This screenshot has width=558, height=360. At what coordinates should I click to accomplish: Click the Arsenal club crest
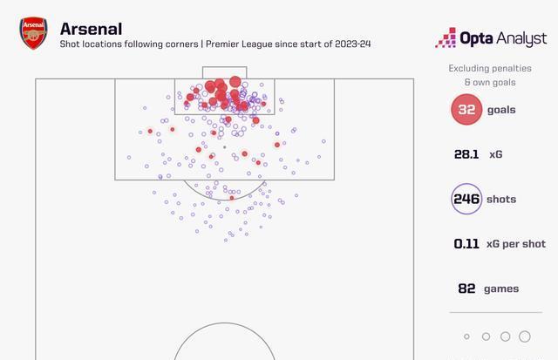pyautogui.click(x=33, y=33)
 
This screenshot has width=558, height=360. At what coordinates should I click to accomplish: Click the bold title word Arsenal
pyautogui.click(x=92, y=29)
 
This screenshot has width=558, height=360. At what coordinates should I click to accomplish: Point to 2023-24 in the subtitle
pyautogui.click(x=347, y=44)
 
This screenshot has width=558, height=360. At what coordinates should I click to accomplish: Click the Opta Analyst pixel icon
pyautogui.click(x=446, y=37)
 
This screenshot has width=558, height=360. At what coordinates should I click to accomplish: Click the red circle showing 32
pyautogui.click(x=466, y=110)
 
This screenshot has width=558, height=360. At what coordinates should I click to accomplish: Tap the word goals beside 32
pyautogui.click(x=501, y=110)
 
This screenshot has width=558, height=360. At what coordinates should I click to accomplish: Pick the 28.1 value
pyautogui.click(x=466, y=154)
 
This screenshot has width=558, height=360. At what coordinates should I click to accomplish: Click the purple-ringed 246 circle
pyautogui.click(x=466, y=199)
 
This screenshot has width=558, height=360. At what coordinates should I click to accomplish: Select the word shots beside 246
pyautogui.click(x=501, y=199)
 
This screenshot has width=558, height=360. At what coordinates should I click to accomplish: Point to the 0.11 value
pyautogui.click(x=466, y=244)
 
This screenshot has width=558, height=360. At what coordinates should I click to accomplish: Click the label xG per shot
pyautogui.click(x=515, y=244)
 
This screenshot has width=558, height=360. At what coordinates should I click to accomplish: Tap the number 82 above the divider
pyautogui.click(x=466, y=289)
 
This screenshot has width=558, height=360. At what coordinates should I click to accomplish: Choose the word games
pyautogui.click(x=501, y=289)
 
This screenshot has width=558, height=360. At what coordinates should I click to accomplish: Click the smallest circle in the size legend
pyautogui.click(x=467, y=336)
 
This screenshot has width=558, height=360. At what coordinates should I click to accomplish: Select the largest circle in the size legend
pyautogui.click(x=524, y=336)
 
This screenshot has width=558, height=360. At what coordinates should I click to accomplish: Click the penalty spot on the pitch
pyautogui.click(x=224, y=147)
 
